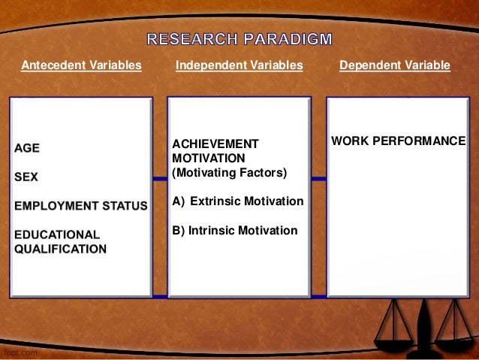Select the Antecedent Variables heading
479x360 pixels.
pos(81,65)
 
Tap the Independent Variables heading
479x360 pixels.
pos(239,65)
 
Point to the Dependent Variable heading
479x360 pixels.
pos(395,65)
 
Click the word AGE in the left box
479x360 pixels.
pos(27,148)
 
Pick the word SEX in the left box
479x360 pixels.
pos(26,177)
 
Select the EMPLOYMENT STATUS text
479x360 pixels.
pos(80,205)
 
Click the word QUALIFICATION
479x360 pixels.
pos(60,249)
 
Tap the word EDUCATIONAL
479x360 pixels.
pos(57,234)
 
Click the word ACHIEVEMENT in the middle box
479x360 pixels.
pos(215,144)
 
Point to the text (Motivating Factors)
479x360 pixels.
pos(229,173)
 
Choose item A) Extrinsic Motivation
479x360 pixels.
pos(238,201)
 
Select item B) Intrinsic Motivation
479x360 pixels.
pos(235,230)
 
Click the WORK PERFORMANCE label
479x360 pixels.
pos(399,141)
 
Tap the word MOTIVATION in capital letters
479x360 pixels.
pos(209,159)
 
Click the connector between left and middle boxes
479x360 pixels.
pos(159,179)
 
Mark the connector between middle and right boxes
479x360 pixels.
pos(318,179)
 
